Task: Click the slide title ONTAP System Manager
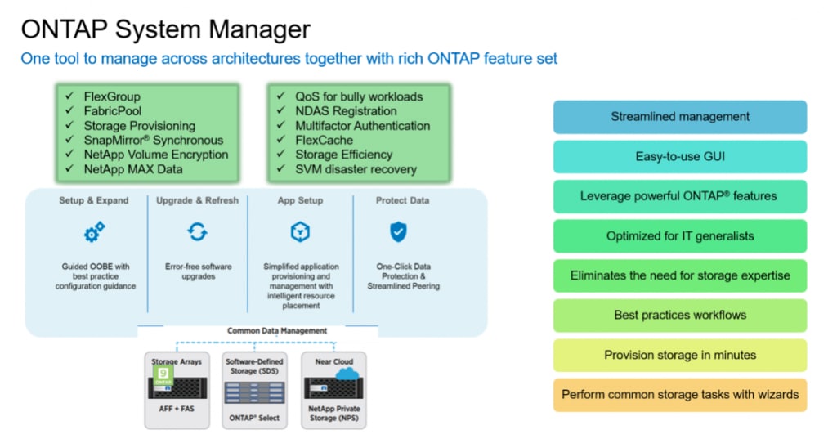pos(165,29)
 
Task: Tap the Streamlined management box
pos(680,117)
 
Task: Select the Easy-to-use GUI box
pos(680,156)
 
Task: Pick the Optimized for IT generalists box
pos(680,236)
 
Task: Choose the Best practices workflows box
pos(680,315)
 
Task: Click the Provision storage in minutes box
pos(680,355)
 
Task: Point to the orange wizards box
pos(680,395)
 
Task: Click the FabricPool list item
pos(113,111)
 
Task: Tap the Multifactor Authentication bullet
pos(362,126)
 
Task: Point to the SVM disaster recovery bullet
pos(356,169)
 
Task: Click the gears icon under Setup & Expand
pos(95,233)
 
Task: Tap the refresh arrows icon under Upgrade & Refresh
pos(197,233)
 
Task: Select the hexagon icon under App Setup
pos(300,233)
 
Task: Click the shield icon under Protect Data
pos(398,233)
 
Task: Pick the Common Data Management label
pos(277,331)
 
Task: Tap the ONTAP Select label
pos(253,418)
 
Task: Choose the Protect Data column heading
pos(402,200)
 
